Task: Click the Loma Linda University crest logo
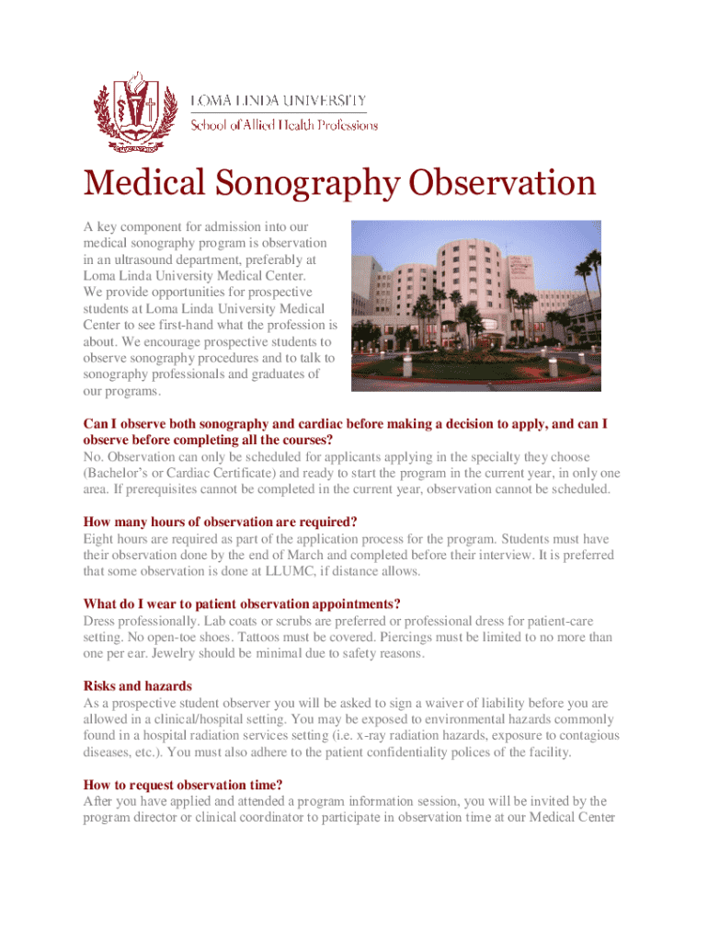pyautogui.click(x=134, y=110)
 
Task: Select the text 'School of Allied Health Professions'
pyautogui.click(x=283, y=125)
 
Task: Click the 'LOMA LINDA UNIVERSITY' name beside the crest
pyautogui.click(x=279, y=100)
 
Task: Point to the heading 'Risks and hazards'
pyautogui.click(x=138, y=685)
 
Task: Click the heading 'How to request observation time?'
pyautogui.click(x=182, y=785)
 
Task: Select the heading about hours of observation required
pyautogui.click(x=220, y=522)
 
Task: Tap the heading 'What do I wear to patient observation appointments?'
pyautogui.click(x=242, y=603)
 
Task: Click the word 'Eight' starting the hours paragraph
pyautogui.click(x=99, y=538)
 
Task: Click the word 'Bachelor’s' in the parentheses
pyautogui.click(x=121, y=473)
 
